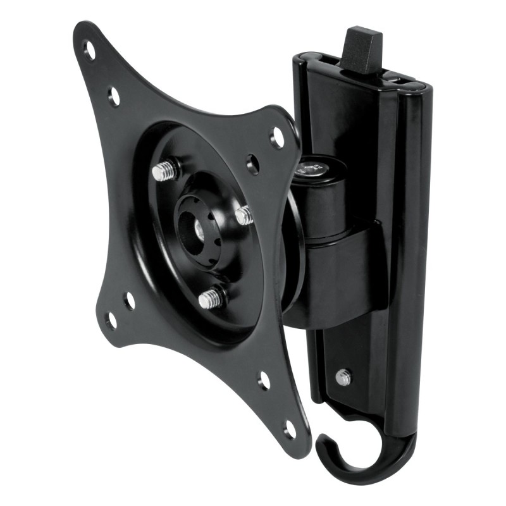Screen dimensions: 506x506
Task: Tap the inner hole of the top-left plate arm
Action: coord(114,96)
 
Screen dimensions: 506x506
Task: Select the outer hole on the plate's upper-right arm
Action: coord(277,137)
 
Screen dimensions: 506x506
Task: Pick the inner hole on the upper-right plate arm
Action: coord(253,164)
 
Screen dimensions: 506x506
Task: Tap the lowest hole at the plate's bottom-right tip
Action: coord(290,430)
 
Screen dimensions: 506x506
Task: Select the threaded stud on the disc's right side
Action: coord(244,215)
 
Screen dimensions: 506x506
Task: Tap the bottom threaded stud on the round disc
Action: coord(211,297)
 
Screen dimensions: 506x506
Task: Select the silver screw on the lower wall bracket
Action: coord(343,377)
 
